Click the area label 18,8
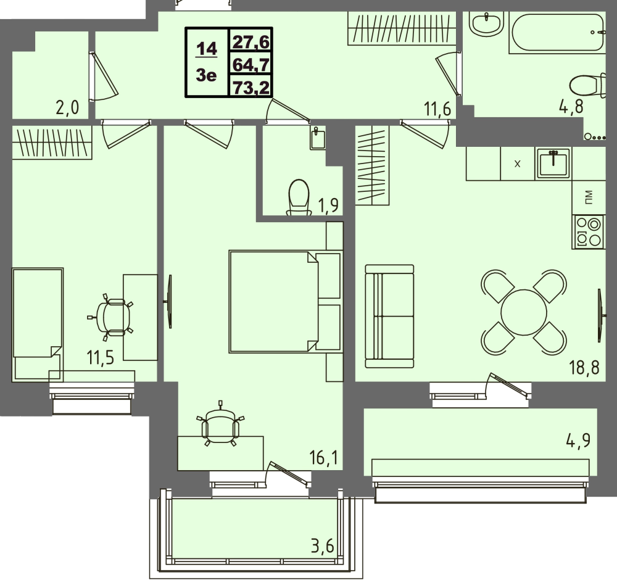coord(584,368)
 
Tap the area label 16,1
coord(323,458)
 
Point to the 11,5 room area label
coord(101,358)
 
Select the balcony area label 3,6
coord(322,546)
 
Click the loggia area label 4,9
coord(579,441)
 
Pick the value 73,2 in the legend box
coord(251,88)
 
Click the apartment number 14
coord(207,49)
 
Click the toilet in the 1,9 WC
coord(299,197)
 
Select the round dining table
coord(524,312)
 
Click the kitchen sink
coord(552,164)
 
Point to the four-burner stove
coord(588,232)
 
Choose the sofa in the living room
coord(389,317)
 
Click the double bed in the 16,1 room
coord(285,301)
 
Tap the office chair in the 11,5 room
coord(111,317)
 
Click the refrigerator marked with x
coord(518,164)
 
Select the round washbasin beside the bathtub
coord(486,24)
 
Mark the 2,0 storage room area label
coord(67,107)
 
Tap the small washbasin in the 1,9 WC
coord(318,139)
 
